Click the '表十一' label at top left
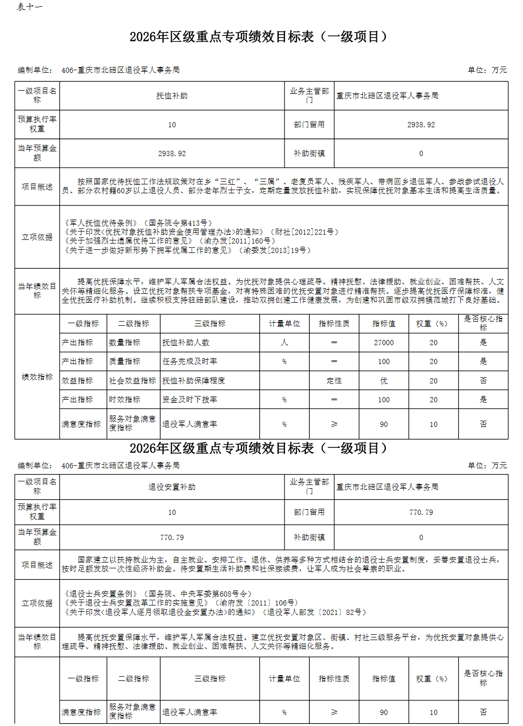tap(29, 7)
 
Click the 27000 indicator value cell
tap(383, 343)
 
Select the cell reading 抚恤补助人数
tap(186, 343)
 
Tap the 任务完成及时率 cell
tap(190, 361)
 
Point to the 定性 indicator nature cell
tap(334, 381)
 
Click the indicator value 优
tap(383, 381)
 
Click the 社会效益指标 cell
tap(132, 381)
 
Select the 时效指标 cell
tap(124, 400)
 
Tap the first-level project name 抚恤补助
tap(172, 96)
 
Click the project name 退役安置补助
tap(172, 487)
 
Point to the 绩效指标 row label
tap(37, 377)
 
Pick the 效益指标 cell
tap(77, 381)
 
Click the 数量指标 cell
tap(124, 343)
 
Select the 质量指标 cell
tap(124, 361)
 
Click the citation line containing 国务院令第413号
tap(139, 223)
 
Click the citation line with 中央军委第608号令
tap(158, 594)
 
